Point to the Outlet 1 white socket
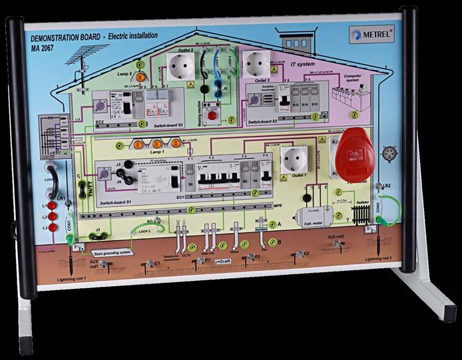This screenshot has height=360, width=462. point(294,162)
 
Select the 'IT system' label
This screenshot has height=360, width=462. point(304,64)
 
